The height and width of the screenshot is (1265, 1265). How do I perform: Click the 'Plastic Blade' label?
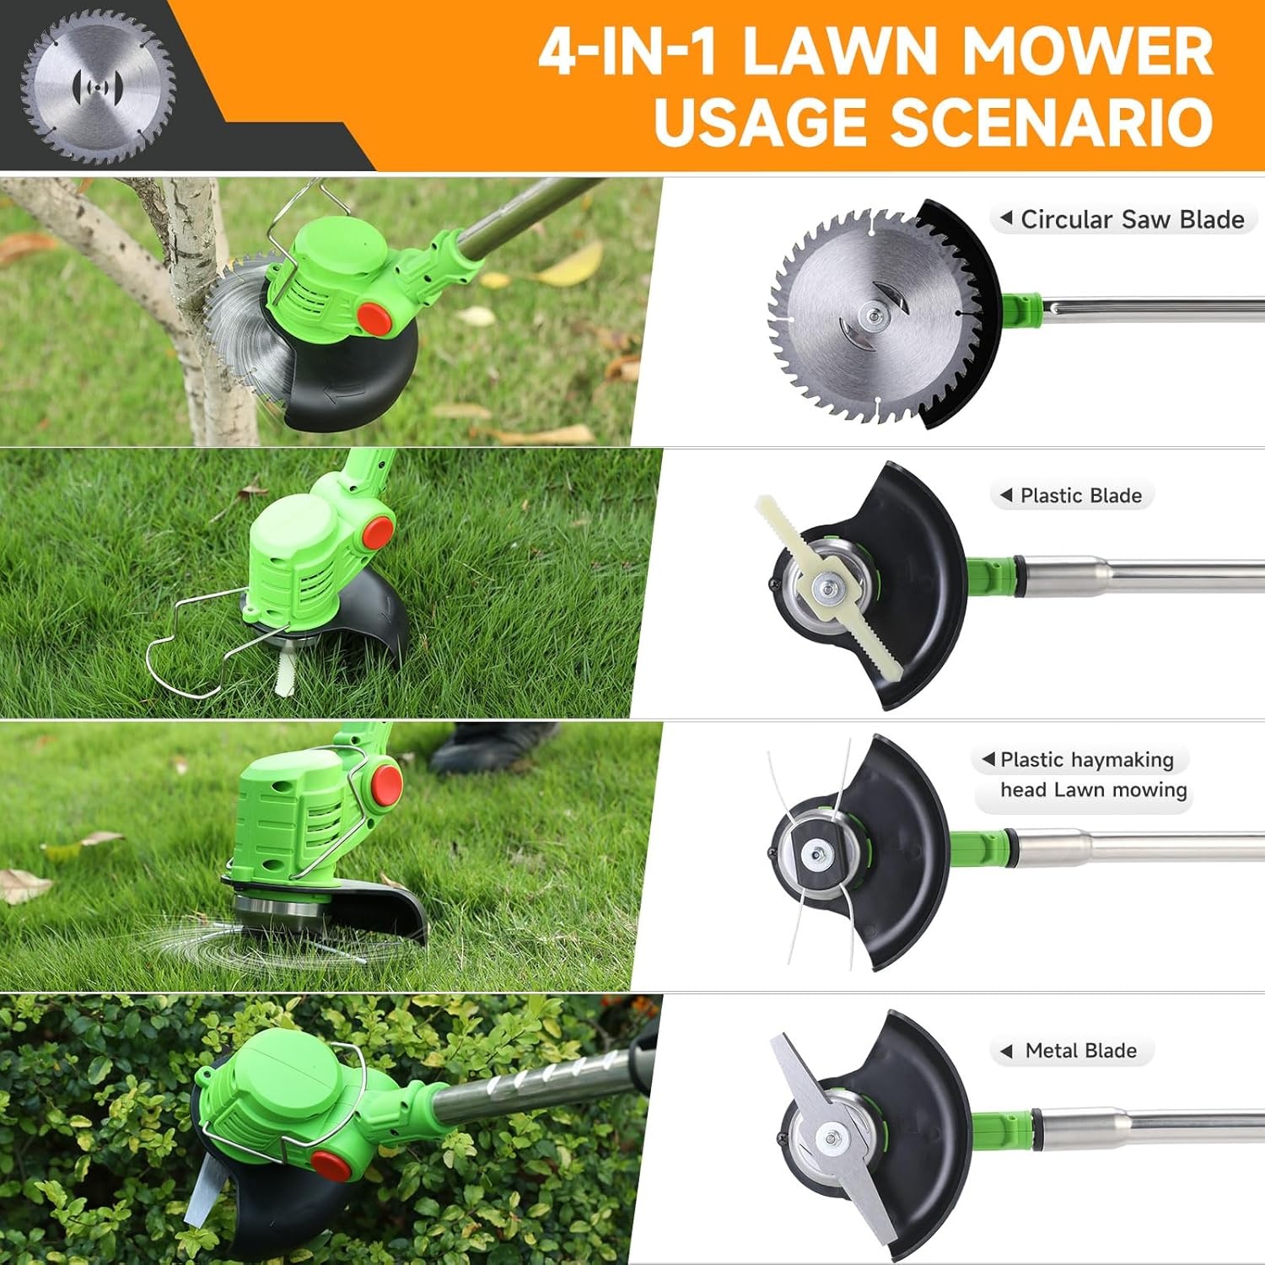tap(1080, 495)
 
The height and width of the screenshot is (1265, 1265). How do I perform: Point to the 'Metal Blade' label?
tap(1080, 1051)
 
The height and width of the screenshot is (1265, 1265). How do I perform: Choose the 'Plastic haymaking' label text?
tap(1086, 760)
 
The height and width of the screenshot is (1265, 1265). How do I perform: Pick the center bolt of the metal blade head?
tap(832, 1140)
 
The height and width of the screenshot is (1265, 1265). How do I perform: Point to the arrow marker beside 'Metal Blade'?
tap(1005, 1051)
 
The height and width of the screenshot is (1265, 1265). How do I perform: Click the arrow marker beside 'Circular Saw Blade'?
tap(1005, 218)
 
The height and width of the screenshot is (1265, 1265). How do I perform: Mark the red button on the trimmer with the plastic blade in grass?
tap(377, 531)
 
